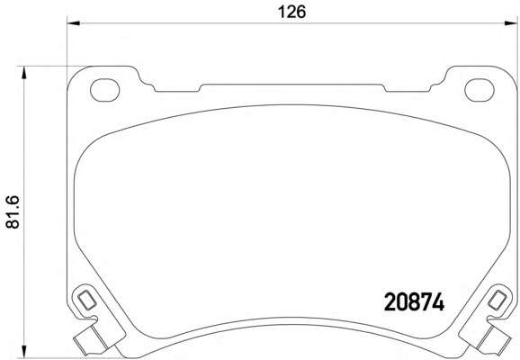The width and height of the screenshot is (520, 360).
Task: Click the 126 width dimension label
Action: point(291,13)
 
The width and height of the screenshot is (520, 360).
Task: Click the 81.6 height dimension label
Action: point(13,212)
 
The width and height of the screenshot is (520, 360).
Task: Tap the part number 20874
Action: point(414,302)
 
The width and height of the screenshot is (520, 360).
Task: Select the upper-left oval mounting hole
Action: point(104,90)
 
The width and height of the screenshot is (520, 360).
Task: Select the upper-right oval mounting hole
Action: point(480,90)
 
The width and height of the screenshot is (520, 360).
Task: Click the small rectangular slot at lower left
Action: point(87,300)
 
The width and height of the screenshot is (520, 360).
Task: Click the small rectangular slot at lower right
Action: point(498,300)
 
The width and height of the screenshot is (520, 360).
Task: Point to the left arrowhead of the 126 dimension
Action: point(74,23)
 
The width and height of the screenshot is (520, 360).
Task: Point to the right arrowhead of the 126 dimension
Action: point(511,23)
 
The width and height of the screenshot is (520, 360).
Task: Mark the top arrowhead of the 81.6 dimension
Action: point(23,73)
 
